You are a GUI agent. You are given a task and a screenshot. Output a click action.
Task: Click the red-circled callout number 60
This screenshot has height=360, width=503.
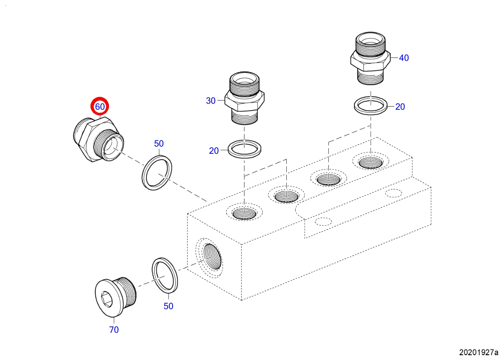tap(100, 107)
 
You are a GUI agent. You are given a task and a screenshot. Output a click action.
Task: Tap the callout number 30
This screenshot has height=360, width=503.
tap(211, 101)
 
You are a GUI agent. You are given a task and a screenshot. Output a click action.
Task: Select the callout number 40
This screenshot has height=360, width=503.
tap(404, 58)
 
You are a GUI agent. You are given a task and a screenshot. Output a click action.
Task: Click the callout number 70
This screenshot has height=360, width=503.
tap(114, 330)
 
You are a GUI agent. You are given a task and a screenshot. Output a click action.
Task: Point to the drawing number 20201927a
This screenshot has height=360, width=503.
tap(479, 352)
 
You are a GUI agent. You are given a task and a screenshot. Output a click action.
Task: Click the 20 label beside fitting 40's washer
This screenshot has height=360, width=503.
tap(400, 107)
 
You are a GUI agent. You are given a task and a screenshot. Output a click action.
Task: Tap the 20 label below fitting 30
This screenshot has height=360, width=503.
tap(214, 151)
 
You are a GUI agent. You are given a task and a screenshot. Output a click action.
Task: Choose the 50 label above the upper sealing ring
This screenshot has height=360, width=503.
tap(159, 143)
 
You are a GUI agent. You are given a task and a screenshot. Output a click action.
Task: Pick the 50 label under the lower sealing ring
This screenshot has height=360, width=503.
tap(169, 306)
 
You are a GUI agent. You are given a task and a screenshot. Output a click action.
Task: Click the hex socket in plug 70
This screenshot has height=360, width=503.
tap(107, 299)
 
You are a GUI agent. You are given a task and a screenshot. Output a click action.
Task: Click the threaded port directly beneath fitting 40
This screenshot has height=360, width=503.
tap(370, 163)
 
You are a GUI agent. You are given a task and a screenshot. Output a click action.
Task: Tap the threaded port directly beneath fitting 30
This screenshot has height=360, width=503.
tap(245, 213)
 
